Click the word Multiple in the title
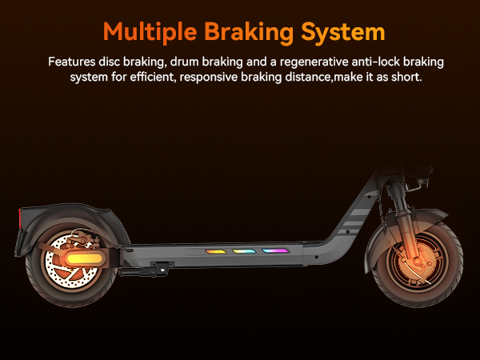(x=150, y=32)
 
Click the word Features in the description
(x=72, y=62)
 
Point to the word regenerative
(x=314, y=62)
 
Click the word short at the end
(x=407, y=77)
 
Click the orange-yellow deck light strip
(x=215, y=252)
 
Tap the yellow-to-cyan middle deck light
(x=244, y=251)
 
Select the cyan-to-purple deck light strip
(x=275, y=251)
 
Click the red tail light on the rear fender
(x=20, y=218)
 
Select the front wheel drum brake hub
(x=418, y=262)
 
